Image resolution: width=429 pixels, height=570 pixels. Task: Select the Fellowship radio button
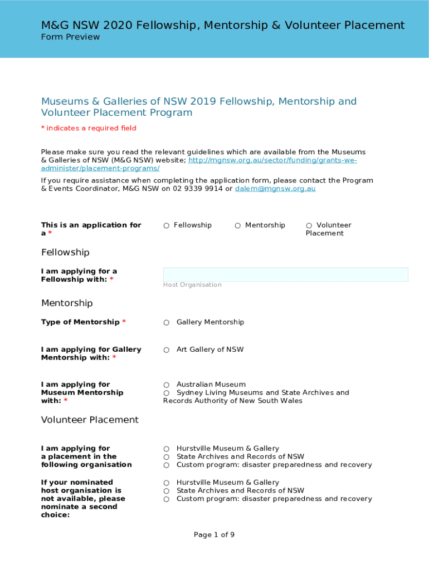167,225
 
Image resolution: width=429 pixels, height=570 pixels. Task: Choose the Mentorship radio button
238,225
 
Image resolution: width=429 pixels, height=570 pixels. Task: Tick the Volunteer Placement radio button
309,225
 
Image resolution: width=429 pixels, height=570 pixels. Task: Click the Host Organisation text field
285,274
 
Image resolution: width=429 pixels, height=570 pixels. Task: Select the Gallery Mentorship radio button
167,322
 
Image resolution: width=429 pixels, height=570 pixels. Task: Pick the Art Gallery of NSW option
167,350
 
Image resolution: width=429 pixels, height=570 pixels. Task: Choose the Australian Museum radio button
167,385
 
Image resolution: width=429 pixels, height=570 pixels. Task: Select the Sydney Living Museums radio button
167,393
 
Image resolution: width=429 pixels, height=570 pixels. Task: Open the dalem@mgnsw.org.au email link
275,189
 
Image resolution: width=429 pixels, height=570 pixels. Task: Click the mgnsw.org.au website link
272,160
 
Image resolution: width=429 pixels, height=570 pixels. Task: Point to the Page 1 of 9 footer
214,535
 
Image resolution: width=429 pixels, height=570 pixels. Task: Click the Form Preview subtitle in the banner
70,37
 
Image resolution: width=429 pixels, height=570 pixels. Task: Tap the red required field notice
89,129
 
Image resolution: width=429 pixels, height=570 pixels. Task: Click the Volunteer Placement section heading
90,420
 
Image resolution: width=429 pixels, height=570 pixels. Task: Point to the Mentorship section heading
67,303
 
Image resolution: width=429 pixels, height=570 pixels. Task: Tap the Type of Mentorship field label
80,322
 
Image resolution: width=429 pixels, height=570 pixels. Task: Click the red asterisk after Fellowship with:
111,279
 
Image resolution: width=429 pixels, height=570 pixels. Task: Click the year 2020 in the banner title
115,25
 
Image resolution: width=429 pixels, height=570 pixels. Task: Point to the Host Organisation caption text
192,285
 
